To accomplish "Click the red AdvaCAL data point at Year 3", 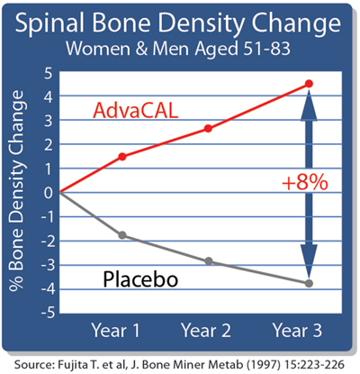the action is [x=309, y=84].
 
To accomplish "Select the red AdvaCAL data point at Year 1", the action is [x=122, y=157].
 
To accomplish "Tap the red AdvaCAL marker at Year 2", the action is [x=208, y=129].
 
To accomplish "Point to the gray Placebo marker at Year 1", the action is [x=122, y=235].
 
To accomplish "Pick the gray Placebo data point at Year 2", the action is [x=209, y=261].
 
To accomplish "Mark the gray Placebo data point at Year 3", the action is [x=309, y=283].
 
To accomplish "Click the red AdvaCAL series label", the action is [x=136, y=110].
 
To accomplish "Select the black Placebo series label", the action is [x=140, y=279].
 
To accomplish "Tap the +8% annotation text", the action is [x=305, y=182].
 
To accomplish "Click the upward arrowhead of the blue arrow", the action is [x=309, y=105].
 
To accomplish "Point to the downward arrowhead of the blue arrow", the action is [x=309, y=260].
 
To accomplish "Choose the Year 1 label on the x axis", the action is [x=115, y=330].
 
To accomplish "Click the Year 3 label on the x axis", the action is [x=297, y=330].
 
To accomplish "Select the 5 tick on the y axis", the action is [x=48, y=73].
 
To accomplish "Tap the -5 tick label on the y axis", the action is [x=48, y=313].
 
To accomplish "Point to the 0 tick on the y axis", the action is [x=49, y=193].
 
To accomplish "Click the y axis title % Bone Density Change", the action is [x=16, y=191].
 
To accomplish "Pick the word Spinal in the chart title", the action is [x=49, y=23].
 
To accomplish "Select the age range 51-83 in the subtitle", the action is [x=266, y=49].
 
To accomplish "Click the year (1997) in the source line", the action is [x=263, y=364].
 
